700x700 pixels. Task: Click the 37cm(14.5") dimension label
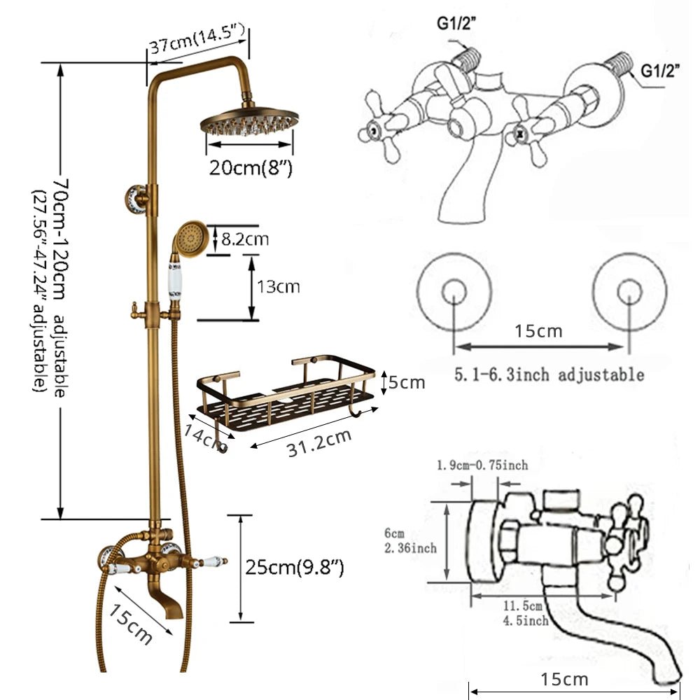pyautogui.click(x=196, y=47)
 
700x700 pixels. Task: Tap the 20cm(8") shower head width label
pyautogui.click(x=250, y=168)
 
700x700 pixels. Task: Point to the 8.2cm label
pyautogui.click(x=245, y=239)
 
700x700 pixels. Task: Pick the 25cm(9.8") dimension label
pyautogui.click(x=294, y=567)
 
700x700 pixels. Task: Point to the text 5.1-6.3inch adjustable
pyautogui.click(x=549, y=374)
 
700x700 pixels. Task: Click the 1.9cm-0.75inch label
pyautogui.click(x=482, y=465)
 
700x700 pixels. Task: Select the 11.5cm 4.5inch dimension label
pyautogui.click(x=526, y=612)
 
